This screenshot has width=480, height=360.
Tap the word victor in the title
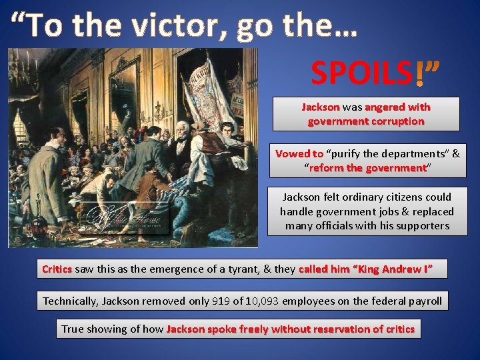pyautogui.click(x=169, y=26)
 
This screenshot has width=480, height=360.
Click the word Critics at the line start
pyautogui.click(x=57, y=269)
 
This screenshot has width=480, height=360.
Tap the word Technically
pyautogui.click(x=73, y=301)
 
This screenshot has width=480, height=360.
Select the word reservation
pyautogui.click(x=350, y=329)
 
